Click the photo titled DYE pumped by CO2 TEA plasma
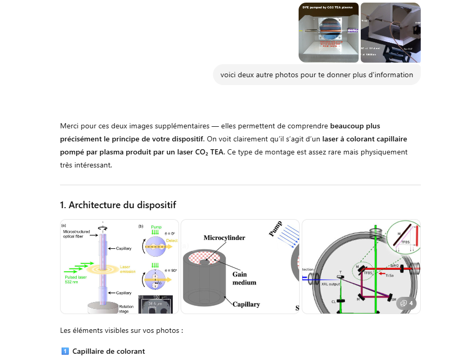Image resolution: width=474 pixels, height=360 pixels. [328, 32]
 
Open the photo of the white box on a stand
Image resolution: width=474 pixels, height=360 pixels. [390, 32]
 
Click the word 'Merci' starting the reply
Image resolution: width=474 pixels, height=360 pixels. [70, 126]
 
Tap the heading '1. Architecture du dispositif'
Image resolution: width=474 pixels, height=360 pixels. [122, 205]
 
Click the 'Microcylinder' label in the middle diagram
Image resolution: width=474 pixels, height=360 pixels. [224, 237]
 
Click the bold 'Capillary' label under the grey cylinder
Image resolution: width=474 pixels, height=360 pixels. [246, 304]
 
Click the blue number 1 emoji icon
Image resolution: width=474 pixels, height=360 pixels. [65, 351]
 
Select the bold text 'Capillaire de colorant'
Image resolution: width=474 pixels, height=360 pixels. [109, 351]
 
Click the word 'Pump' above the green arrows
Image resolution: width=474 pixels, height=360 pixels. [156, 227]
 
